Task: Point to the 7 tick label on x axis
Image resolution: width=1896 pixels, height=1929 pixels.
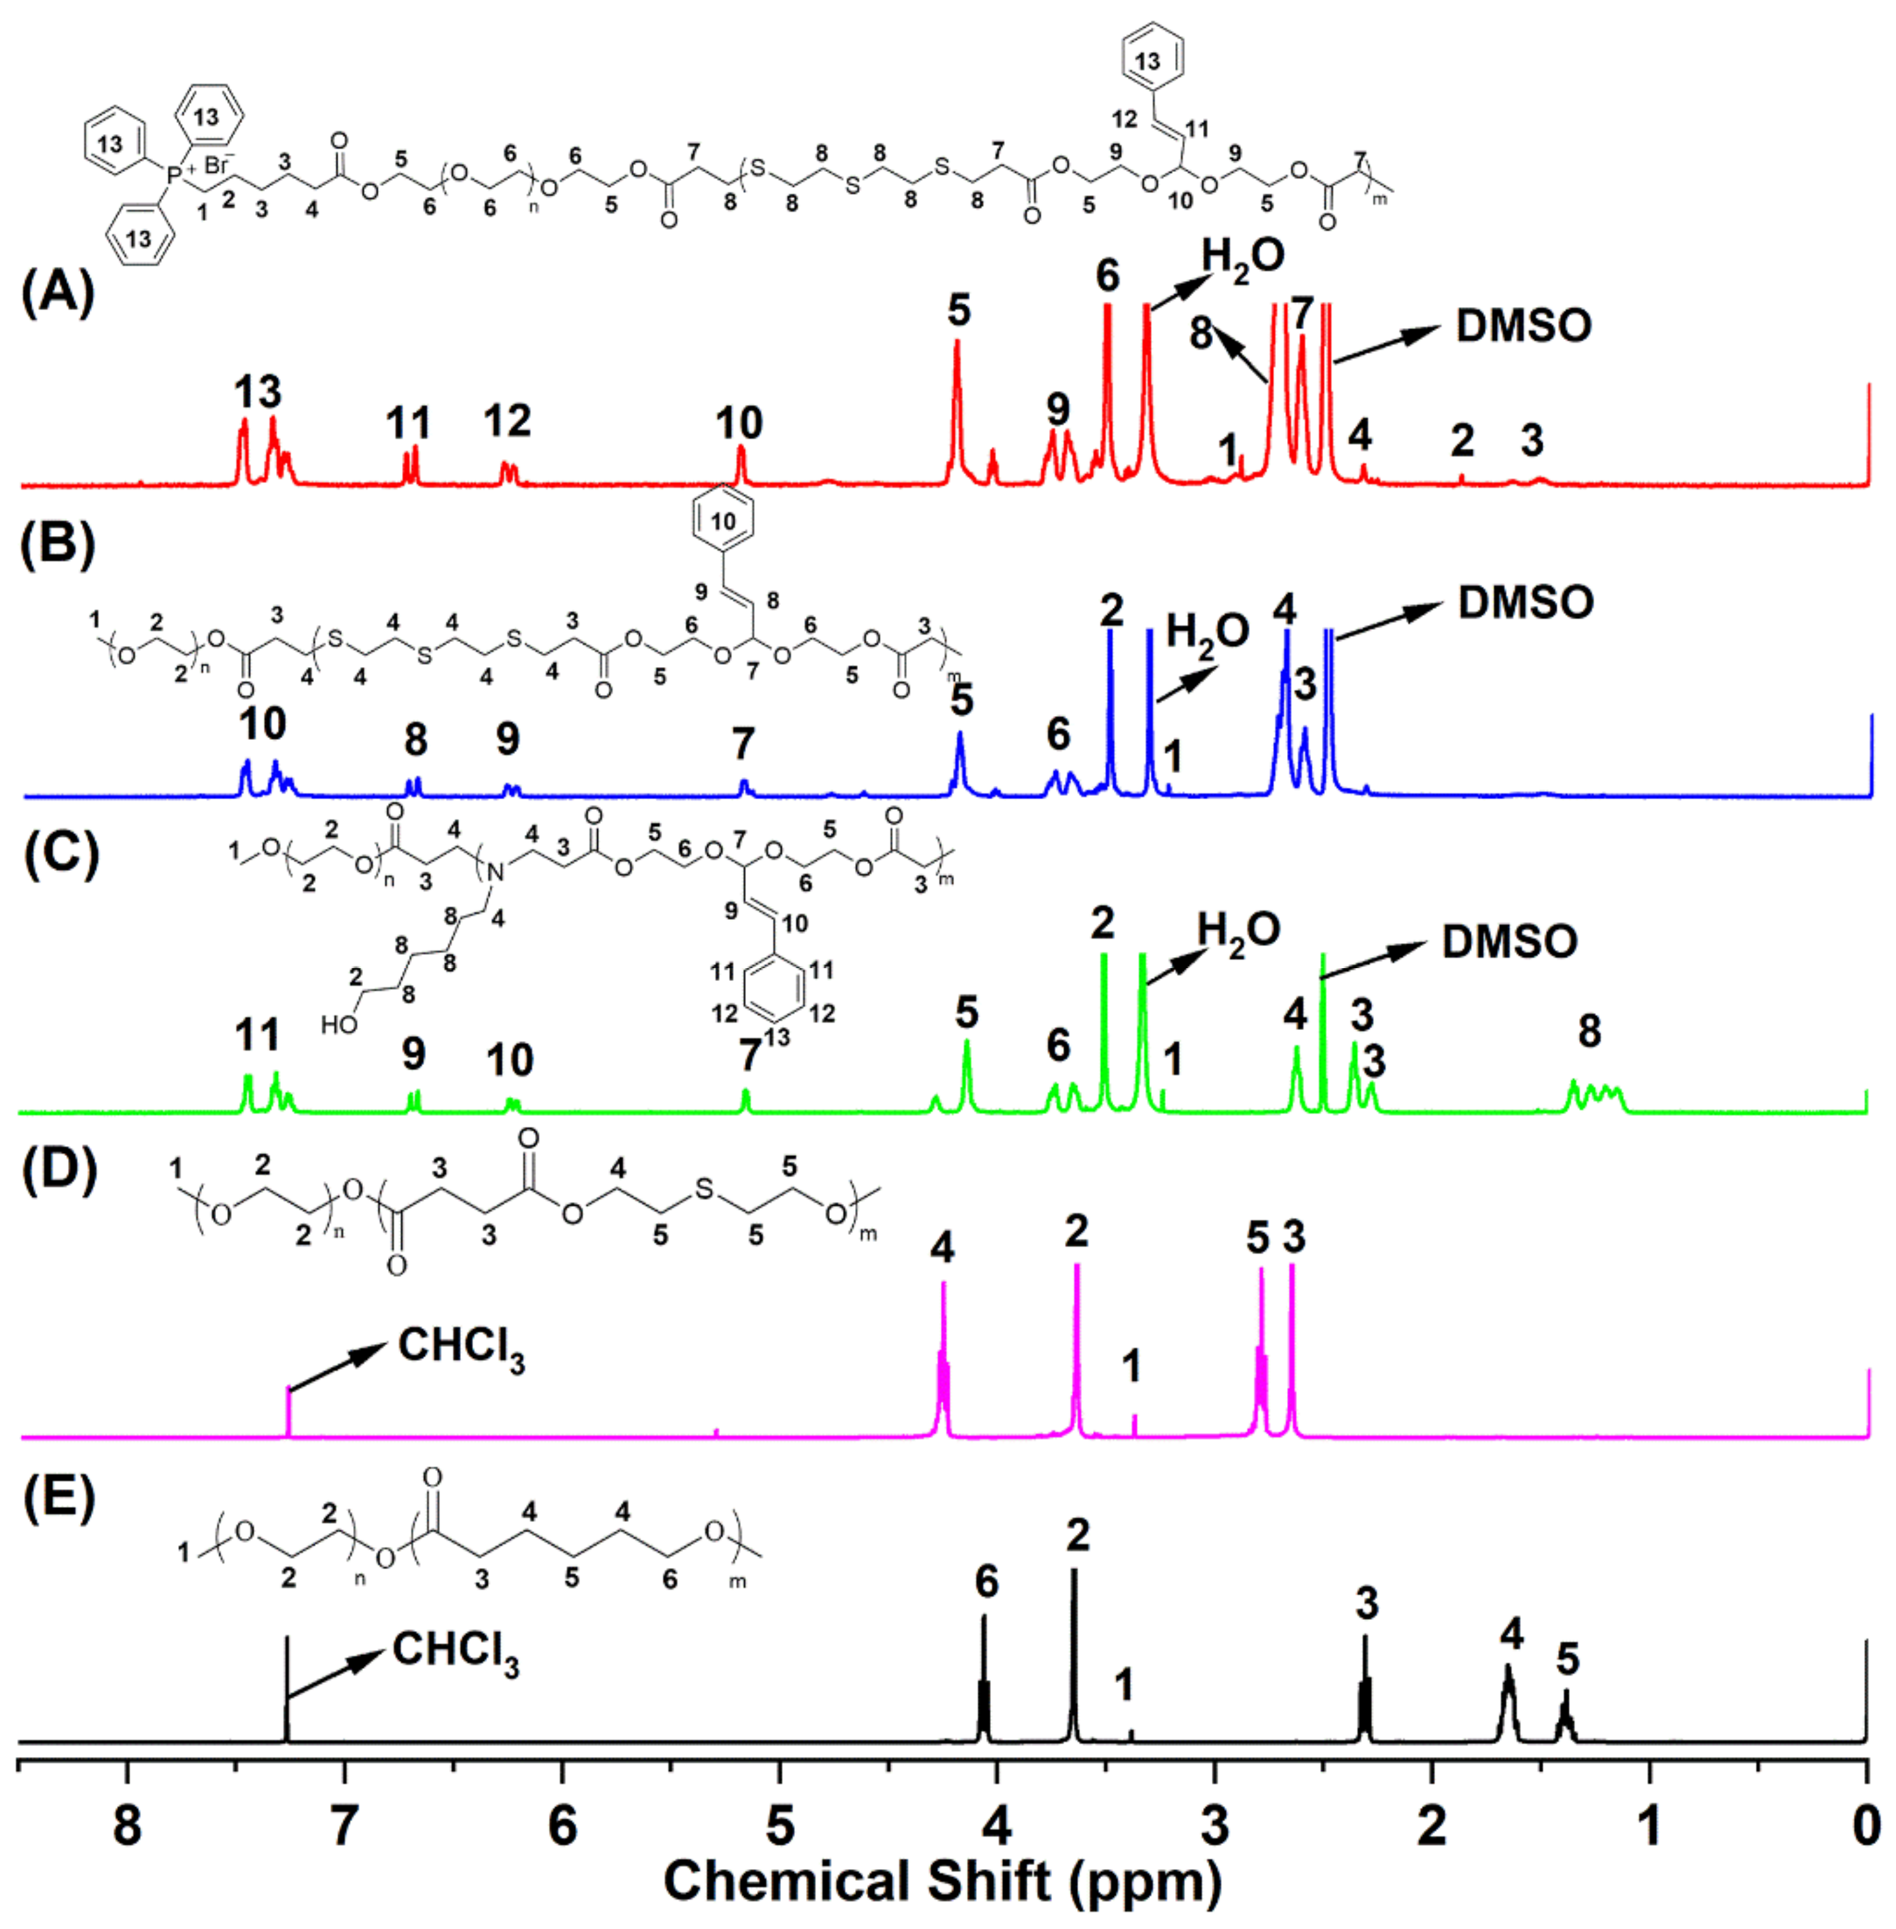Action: [x=345, y=1827]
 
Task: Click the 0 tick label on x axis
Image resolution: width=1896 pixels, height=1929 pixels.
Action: [x=1866, y=1827]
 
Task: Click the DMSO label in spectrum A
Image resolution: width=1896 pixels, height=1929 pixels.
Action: [x=1523, y=326]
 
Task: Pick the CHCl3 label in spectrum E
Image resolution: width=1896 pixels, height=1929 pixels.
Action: [x=455, y=1651]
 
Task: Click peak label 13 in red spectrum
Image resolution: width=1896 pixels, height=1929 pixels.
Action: [x=258, y=392]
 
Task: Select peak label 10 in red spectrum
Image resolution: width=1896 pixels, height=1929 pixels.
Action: [x=739, y=423]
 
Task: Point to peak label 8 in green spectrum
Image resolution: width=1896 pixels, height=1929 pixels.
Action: [x=1589, y=1031]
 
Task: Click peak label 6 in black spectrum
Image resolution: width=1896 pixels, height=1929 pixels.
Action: [x=986, y=1581]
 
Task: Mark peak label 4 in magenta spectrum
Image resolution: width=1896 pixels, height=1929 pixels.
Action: [x=942, y=1247]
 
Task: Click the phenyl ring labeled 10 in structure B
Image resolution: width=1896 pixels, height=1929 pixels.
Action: [x=723, y=521]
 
